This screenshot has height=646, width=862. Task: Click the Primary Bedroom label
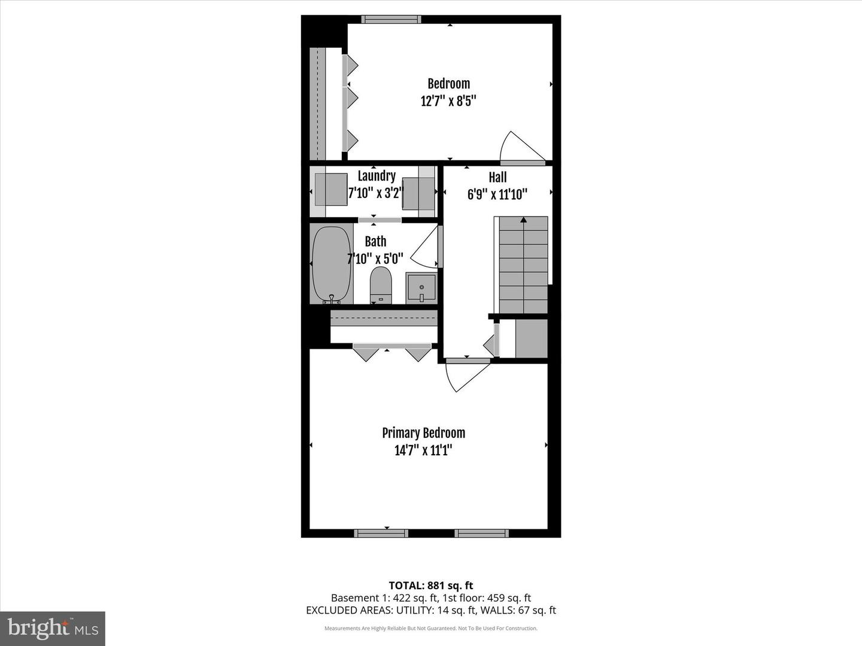pyautogui.click(x=423, y=433)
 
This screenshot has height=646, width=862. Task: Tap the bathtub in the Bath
pyautogui.click(x=331, y=264)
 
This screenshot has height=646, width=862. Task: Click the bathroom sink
pyautogui.click(x=421, y=288)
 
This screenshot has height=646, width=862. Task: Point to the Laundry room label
pyautogui.click(x=377, y=176)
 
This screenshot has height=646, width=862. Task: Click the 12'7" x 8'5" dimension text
pyautogui.click(x=448, y=101)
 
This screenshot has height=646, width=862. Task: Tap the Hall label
pyautogui.click(x=497, y=177)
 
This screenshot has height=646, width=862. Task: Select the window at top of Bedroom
pyautogui.click(x=391, y=20)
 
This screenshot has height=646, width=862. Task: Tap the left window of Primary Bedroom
pyautogui.click(x=381, y=533)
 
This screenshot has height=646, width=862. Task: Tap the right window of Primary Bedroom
pyautogui.click(x=481, y=533)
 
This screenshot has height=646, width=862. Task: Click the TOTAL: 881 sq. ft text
pyautogui.click(x=431, y=586)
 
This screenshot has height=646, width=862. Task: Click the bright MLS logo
pyautogui.click(x=53, y=628)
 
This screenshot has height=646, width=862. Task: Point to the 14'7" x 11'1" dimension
pyautogui.click(x=423, y=450)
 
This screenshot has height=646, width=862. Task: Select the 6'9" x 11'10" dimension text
pyautogui.click(x=497, y=194)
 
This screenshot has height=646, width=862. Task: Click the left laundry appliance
pyautogui.click(x=331, y=190)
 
